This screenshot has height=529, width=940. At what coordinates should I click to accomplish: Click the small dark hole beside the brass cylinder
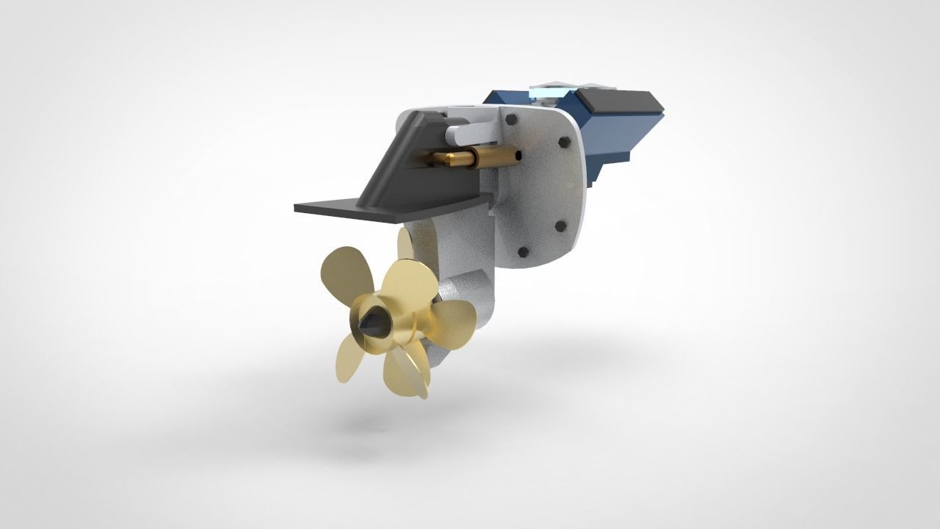[x=520, y=155]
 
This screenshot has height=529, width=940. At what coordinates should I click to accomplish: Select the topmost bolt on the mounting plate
[x=512, y=118]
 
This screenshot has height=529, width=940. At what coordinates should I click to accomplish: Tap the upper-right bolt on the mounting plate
[x=563, y=141]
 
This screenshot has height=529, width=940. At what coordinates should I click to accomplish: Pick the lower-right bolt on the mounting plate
[x=560, y=226]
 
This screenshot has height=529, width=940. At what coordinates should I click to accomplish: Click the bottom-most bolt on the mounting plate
[x=523, y=252]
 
